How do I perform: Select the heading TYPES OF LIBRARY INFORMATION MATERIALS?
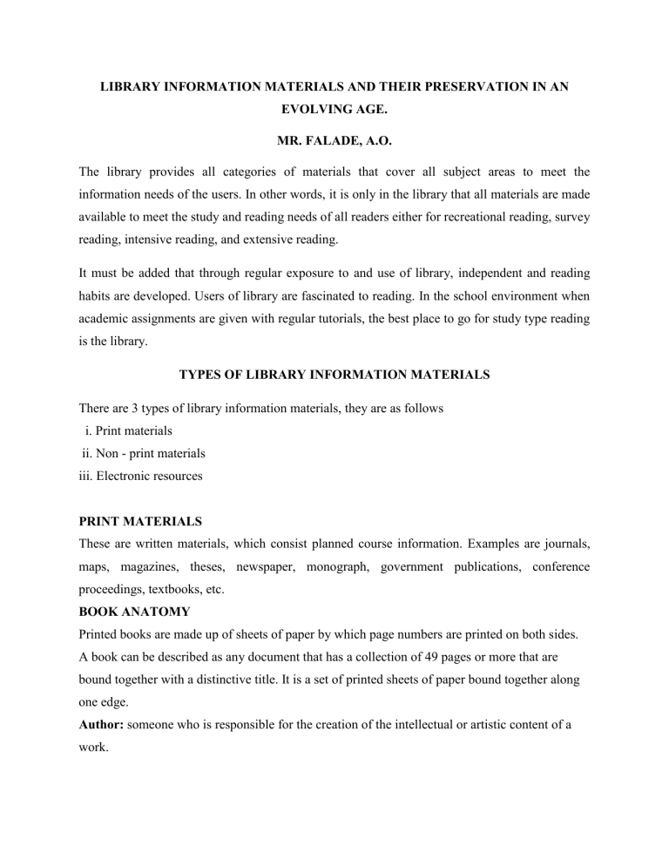334,375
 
